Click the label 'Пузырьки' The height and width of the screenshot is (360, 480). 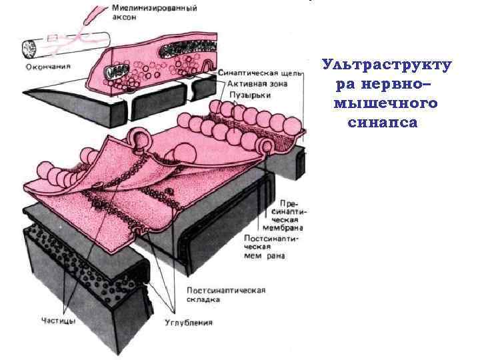tap(245, 96)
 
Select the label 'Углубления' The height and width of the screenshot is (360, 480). tap(189, 323)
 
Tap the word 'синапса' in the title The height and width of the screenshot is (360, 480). tap(383, 123)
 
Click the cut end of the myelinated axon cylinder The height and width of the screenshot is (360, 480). tap(31, 49)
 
